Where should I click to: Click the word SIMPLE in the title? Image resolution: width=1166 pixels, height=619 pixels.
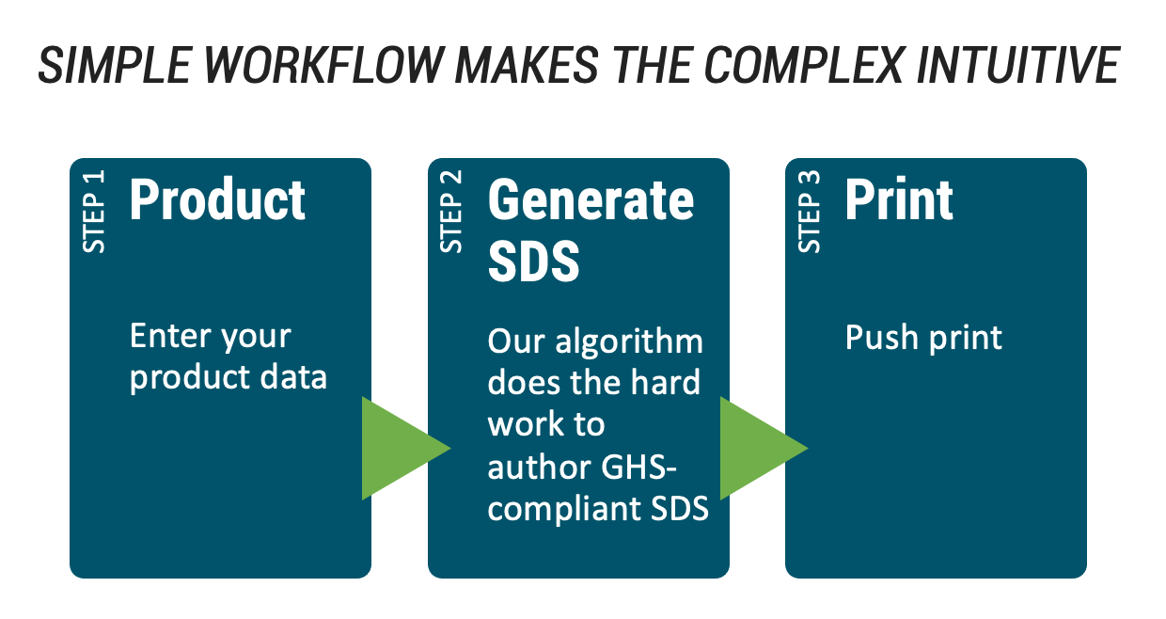[x=116, y=65]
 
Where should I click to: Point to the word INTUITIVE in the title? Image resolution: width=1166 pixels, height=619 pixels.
[x=1017, y=65]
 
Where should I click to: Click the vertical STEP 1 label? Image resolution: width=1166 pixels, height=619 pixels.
[x=94, y=212]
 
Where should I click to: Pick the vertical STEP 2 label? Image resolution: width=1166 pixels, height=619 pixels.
[x=451, y=212]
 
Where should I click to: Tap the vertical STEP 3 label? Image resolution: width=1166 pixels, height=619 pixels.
[x=810, y=212]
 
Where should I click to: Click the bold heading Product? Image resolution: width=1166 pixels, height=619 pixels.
[x=217, y=200]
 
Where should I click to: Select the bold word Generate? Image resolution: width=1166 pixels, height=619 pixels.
[x=591, y=200]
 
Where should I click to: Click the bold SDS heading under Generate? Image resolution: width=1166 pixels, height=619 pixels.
[x=533, y=261]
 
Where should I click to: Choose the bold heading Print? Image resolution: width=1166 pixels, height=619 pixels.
[x=899, y=200]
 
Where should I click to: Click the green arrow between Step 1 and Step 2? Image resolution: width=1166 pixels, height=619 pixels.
[x=406, y=448]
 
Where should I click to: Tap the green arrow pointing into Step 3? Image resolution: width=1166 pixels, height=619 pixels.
[x=764, y=448]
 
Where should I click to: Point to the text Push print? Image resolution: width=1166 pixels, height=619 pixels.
[x=923, y=339]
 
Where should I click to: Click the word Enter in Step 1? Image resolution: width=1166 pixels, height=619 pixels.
[x=171, y=336]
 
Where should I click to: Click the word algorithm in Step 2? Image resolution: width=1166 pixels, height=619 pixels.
[x=629, y=343]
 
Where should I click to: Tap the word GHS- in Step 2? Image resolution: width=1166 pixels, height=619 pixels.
[x=638, y=467]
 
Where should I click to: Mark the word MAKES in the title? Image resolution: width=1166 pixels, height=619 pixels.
[x=527, y=65]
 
